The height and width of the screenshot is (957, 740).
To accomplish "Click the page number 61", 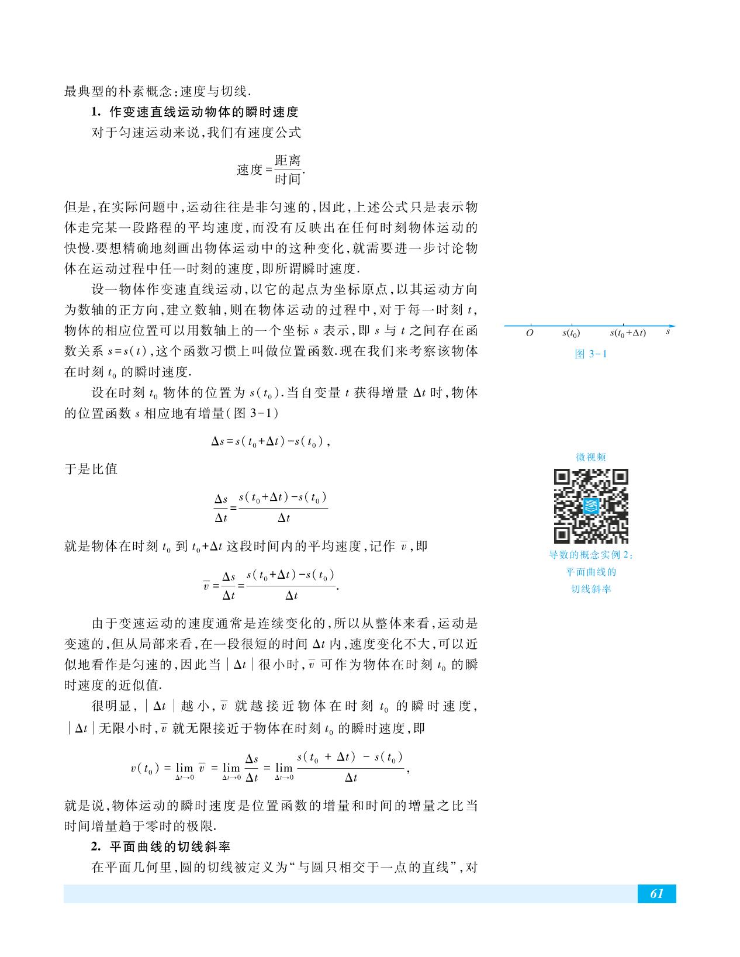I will point(656,894).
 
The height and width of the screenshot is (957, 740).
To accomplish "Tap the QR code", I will point(591,506).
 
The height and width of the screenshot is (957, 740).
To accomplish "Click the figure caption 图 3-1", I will point(591,354).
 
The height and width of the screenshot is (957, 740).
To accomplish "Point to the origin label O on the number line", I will point(530,333).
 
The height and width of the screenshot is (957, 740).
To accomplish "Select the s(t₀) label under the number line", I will point(570,333).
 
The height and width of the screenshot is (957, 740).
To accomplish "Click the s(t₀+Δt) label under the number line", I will point(628,333).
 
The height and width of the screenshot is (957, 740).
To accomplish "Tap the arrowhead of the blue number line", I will point(672,326).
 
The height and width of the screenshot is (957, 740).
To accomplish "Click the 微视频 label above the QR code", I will point(591,457).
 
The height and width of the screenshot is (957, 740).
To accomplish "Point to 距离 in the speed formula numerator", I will point(287,161).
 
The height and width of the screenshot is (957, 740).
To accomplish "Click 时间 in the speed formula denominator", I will point(287,179).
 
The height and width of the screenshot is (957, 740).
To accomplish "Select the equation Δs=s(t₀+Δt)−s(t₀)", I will point(270,442).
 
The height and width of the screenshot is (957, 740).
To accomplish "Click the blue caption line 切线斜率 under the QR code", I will point(591,589).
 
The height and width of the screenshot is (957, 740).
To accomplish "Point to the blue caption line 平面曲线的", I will point(591,572).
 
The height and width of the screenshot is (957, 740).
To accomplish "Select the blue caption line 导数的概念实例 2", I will point(591,555).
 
